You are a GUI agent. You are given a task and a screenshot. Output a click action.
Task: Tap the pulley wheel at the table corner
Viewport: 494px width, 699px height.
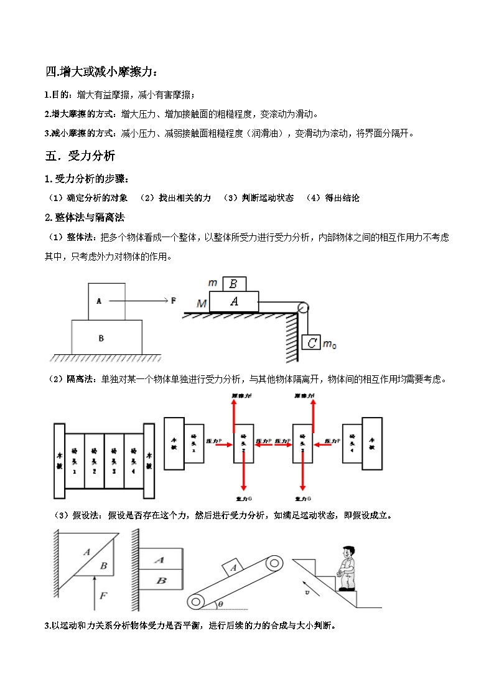[303, 307]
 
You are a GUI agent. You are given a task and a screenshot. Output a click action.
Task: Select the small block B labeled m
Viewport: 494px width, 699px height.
[233, 283]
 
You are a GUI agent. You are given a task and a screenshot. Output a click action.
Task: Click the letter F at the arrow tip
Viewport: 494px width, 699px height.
[174, 300]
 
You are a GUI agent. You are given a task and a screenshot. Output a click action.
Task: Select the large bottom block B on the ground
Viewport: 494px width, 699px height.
[101, 338]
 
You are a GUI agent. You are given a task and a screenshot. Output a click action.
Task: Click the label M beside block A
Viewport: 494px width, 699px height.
[201, 303]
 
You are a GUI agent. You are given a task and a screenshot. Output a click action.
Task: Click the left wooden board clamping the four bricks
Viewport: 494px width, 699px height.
[60, 461]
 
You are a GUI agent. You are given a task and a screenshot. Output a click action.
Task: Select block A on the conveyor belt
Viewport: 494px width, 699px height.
[233, 567]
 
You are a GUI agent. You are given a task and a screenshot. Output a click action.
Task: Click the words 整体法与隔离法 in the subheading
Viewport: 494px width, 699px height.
[90, 217]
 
